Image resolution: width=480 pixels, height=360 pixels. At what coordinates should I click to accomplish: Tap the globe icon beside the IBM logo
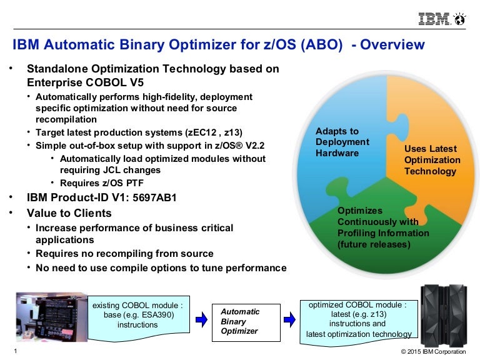[460, 19]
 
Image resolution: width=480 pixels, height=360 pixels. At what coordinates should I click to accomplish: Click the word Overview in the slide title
[392, 45]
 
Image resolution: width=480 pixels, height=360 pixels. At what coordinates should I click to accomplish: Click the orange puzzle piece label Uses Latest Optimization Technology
[431, 159]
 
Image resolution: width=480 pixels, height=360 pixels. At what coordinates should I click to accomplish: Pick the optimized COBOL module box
[358, 319]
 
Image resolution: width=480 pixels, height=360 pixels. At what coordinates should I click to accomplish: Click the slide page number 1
[14, 351]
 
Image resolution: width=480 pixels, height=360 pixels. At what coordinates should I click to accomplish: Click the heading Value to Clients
[68, 213]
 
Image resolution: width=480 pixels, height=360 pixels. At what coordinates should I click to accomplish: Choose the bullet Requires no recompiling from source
[124, 254]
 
